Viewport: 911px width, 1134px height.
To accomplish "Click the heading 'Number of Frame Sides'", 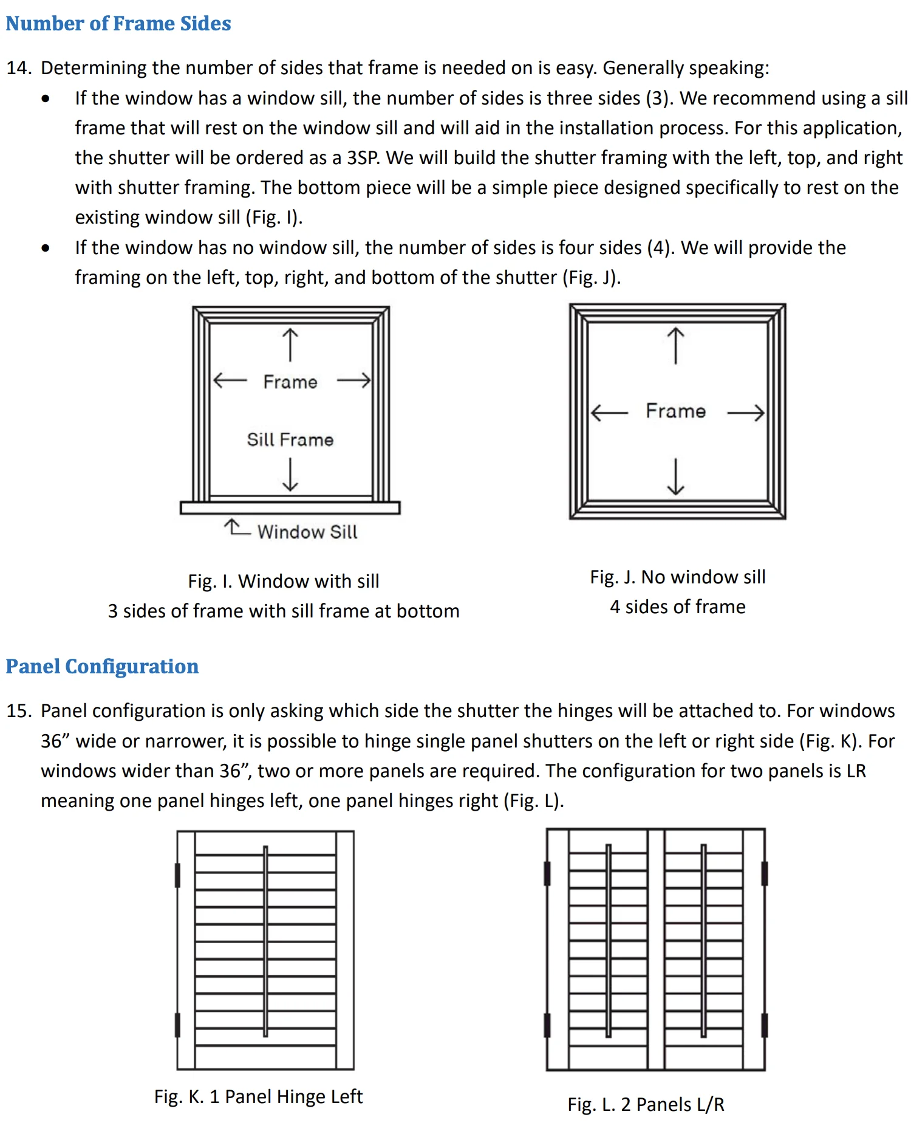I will click(118, 24).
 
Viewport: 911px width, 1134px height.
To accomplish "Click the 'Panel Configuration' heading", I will click(102, 667).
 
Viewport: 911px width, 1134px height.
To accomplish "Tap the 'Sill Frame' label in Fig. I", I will click(290, 439).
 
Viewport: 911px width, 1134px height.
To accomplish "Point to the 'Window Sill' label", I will click(307, 532).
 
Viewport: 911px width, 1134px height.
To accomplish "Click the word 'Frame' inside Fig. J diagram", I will click(675, 411).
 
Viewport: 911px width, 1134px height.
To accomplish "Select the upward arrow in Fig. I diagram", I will click(290, 345).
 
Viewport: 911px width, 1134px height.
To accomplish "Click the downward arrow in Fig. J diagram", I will click(675, 477).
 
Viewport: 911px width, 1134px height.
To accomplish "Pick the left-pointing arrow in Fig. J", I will click(609, 413).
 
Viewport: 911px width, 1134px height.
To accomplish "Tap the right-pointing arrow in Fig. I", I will click(353, 381).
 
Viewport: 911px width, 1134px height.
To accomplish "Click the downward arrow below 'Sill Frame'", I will click(290, 474).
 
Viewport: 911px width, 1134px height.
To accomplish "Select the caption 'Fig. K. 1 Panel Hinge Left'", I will click(258, 1096).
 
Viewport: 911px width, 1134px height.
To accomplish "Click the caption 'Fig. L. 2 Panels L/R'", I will click(646, 1104).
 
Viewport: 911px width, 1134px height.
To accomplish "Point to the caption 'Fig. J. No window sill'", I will click(678, 577).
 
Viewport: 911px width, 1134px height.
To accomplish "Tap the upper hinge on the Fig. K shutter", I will click(177, 875).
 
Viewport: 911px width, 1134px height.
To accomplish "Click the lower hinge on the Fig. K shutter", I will click(177, 1025).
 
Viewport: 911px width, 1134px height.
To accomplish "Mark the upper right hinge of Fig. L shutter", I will click(764, 873).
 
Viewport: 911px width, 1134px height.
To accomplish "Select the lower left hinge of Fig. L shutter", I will click(547, 1025).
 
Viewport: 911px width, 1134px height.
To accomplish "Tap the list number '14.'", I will click(18, 67).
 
